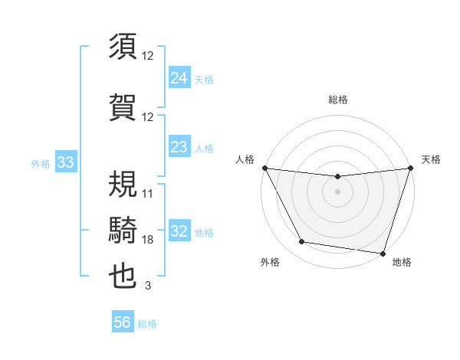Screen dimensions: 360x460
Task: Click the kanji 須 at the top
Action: (x=123, y=47)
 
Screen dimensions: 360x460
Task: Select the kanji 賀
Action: (x=123, y=106)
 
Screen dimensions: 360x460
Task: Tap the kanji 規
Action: (x=123, y=184)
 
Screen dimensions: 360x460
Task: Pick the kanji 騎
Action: (x=123, y=229)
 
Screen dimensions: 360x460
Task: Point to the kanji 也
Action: (x=123, y=276)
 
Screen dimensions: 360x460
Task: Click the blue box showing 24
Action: (x=179, y=78)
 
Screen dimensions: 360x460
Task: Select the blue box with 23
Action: (x=179, y=147)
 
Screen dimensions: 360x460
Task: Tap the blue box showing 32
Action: (x=179, y=232)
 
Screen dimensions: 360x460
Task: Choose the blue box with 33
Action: (x=65, y=163)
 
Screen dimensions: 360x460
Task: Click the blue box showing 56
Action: (x=122, y=323)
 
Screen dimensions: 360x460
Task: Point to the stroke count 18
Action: (x=148, y=240)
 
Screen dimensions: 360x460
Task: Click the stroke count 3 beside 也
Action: (x=148, y=286)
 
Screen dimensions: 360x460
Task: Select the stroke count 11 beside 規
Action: (x=148, y=194)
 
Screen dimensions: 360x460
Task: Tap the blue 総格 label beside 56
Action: (x=147, y=324)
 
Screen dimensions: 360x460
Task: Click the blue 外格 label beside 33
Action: (x=41, y=164)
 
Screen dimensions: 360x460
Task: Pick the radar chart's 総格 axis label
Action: (x=338, y=100)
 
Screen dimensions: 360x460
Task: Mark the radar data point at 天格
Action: (x=409, y=168)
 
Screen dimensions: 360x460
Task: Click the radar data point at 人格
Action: (x=265, y=168)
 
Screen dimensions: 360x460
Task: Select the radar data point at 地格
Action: (x=383, y=253)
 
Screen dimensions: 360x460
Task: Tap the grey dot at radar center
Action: (x=337, y=191)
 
